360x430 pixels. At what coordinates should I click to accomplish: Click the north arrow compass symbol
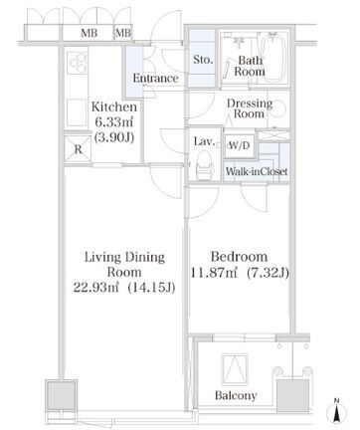point(336,412)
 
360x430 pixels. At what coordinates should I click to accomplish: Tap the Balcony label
point(236,395)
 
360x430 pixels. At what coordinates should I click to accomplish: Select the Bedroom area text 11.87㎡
point(215,273)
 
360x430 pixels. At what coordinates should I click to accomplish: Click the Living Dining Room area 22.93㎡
point(95,288)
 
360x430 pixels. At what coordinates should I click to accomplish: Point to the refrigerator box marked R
point(78,149)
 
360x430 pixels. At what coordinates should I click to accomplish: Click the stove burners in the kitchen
point(78,63)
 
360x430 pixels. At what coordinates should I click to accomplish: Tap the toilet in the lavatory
point(204,165)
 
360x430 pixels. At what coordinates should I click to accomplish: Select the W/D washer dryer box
point(240,145)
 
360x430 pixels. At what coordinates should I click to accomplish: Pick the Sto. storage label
point(203,60)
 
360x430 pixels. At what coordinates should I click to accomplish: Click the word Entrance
point(155,78)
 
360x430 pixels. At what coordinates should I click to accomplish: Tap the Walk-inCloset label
point(257,171)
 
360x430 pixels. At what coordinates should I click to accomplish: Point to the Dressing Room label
point(250,108)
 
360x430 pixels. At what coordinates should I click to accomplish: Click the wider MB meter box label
point(90,33)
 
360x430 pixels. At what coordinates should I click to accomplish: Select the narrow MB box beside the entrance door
point(123,33)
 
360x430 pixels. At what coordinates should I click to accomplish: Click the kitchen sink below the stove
point(78,112)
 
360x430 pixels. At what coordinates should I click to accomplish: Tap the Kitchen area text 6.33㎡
point(114,122)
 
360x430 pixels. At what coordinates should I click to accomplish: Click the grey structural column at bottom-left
point(61,395)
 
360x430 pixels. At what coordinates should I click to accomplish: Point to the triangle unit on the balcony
point(235,369)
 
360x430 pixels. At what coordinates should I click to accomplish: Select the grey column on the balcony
point(292,395)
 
